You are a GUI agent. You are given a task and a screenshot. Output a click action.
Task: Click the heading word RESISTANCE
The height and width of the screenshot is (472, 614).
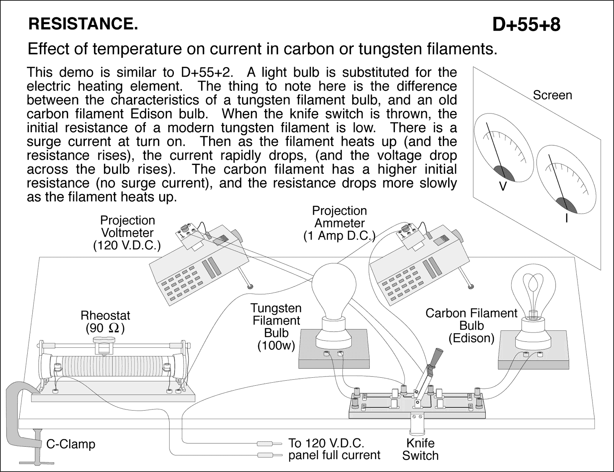click(x=83, y=25)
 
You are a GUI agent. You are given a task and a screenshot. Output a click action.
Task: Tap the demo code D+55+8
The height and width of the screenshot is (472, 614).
click(x=526, y=25)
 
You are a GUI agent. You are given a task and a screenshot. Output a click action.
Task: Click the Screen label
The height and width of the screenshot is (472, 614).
click(x=552, y=95)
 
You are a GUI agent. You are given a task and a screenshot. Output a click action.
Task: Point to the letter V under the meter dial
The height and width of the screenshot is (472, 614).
click(x=503, y=187)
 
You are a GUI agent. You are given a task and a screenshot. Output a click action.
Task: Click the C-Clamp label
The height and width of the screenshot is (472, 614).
click(x=71, y=444)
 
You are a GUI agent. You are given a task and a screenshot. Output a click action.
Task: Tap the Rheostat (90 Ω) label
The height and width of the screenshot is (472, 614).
click(x=105, y=322)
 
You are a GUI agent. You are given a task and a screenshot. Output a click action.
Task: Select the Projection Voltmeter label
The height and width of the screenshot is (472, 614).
click(x=127, y=233)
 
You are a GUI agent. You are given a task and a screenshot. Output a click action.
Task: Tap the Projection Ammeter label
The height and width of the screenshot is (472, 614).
click(x=339, y=223)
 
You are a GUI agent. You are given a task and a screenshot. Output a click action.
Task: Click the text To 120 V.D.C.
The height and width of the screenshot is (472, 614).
click(x=326, y=443)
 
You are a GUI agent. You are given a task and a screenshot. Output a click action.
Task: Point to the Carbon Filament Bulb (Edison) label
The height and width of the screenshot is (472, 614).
click(x=471, y=326)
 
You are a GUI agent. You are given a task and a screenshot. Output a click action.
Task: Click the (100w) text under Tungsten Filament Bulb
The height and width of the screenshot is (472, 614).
click(x=276, y=346)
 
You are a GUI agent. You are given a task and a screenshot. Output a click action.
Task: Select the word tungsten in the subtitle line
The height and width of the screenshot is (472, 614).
click(x=393, y=49)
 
